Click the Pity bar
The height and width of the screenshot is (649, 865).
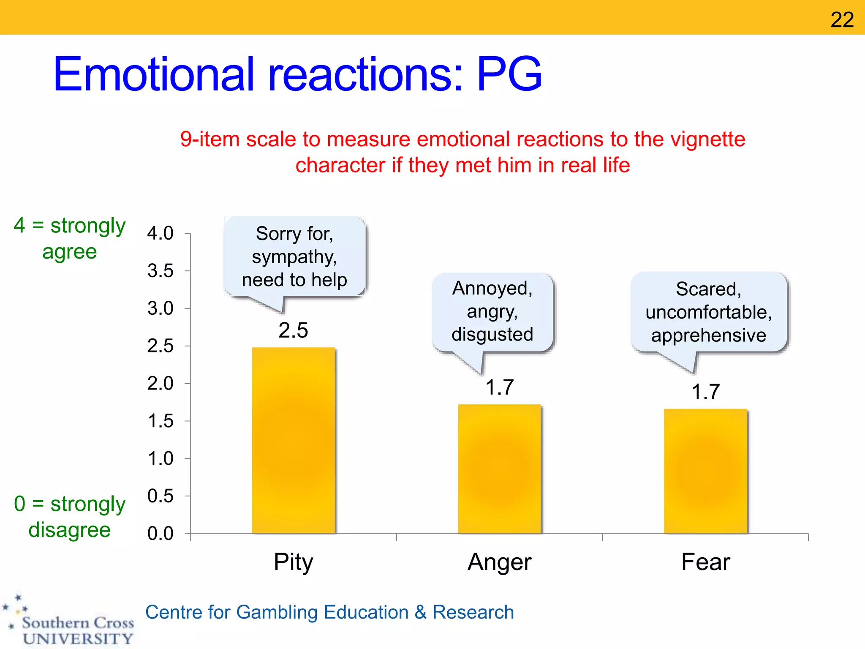tap(294, 440)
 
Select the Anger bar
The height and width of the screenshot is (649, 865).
tap(499, 469)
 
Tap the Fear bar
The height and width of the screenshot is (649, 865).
tap(705, 471)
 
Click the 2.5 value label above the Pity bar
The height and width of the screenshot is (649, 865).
tap(293, 330)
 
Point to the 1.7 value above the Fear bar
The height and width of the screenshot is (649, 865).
tap(705, 392)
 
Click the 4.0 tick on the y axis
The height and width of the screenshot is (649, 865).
tap(160, 233)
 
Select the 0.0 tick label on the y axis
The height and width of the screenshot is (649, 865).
tap(160, 534)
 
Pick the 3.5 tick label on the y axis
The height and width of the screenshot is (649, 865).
tap(160, 271)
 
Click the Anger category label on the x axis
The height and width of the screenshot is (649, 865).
tap(499, 562)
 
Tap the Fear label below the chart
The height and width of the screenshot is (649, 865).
tap(705, 562)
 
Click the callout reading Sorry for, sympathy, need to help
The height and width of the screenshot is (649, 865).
tap(294, 257)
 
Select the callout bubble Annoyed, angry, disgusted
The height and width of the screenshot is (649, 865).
tap(492, 312)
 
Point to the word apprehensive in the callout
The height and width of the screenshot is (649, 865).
tap(708, 335)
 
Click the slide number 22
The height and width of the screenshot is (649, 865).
tap(842, 19)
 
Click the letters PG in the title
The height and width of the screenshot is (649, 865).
tap(509, 74)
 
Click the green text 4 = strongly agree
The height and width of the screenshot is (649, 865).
tap(70, 238)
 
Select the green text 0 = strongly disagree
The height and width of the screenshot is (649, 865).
tap(70, 516)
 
